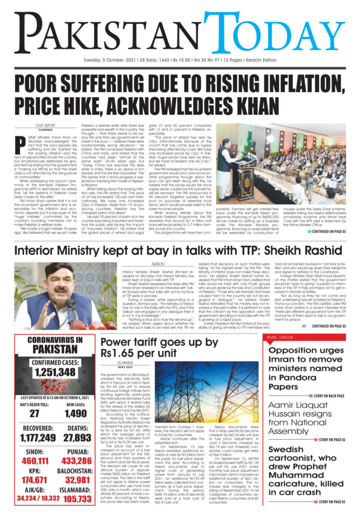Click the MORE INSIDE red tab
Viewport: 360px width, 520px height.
click(279, 337)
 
